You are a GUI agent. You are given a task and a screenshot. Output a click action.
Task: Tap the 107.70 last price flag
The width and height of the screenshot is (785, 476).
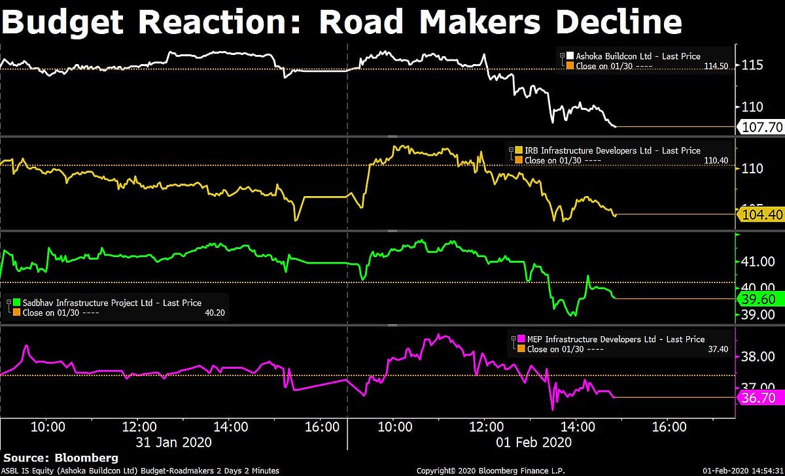(x=761, y=127)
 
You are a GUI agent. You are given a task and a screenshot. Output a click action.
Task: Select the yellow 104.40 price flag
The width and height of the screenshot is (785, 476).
(x=761, y=214)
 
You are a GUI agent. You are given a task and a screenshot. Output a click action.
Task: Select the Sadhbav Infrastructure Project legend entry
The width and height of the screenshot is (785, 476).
(x=112, y=303)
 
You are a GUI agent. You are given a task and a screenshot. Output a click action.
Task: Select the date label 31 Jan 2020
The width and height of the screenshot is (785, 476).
(x=173, y=442)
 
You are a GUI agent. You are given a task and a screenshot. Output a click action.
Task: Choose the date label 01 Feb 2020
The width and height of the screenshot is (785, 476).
(x=533, y=442)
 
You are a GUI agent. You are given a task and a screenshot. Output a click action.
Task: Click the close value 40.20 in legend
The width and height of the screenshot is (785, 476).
(x=215, y=313)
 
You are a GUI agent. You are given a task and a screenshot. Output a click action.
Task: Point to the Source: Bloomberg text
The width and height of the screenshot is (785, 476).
(x=61, y=457)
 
